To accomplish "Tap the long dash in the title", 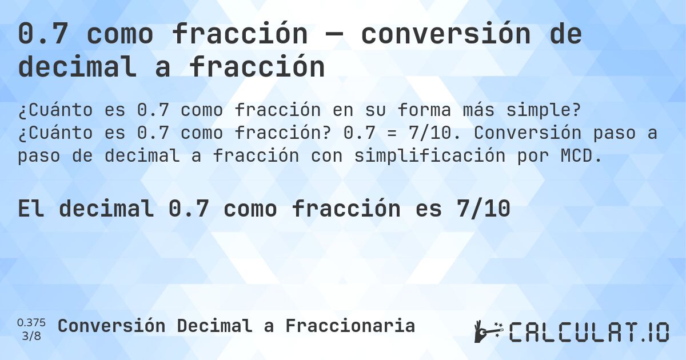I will [x=334, y=35].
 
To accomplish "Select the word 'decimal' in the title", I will [x=78, y=67].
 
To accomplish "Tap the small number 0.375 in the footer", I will [x=31, y=322].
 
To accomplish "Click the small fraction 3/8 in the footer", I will [x=31, y=335].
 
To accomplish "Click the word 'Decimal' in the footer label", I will [x=214, y=326].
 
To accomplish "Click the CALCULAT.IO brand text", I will [x=589, y=332].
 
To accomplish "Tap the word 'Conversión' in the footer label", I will [x=112, y=326].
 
